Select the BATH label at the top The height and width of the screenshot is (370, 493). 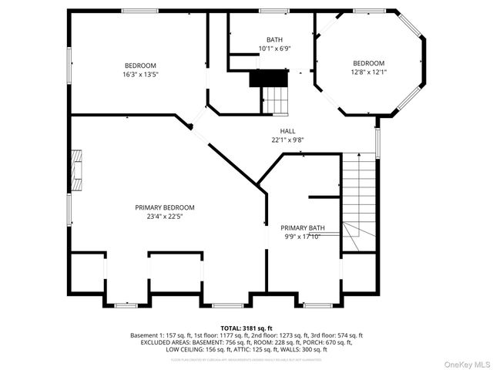[275, 39]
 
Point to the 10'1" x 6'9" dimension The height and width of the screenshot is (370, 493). [275, 49]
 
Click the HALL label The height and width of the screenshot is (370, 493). [287, 131]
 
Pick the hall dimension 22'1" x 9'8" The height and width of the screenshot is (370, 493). [287, 140]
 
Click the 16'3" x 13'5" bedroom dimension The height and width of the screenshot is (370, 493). [140, 75]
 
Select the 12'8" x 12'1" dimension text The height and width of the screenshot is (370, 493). [369, 72]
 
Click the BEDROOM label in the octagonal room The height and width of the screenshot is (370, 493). [369, 63]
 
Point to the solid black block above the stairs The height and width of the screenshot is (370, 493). [267, 78]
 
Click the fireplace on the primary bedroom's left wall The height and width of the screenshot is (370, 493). [76, 171]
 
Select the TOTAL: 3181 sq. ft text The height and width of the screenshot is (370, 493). [246, 328]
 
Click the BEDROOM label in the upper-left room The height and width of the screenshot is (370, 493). [140, 66]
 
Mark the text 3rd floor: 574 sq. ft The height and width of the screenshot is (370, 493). [335, 335]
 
